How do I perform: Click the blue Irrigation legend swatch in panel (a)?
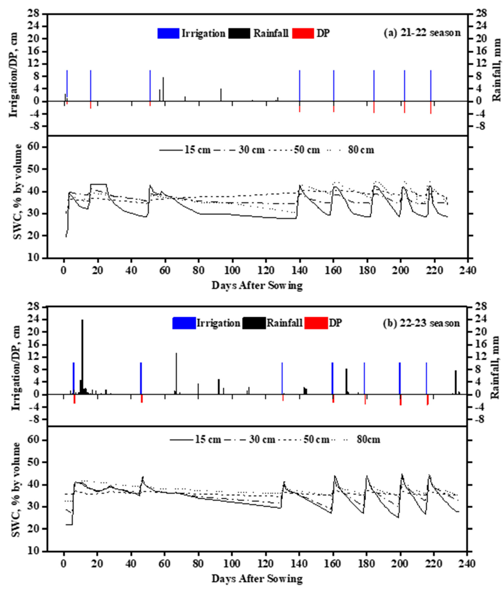[168, 33]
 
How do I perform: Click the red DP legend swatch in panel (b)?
[316, 323]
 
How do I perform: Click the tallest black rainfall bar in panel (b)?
[82, 356]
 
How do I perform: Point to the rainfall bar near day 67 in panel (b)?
[176, 374]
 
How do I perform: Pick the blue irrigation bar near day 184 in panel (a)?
[374, 86]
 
